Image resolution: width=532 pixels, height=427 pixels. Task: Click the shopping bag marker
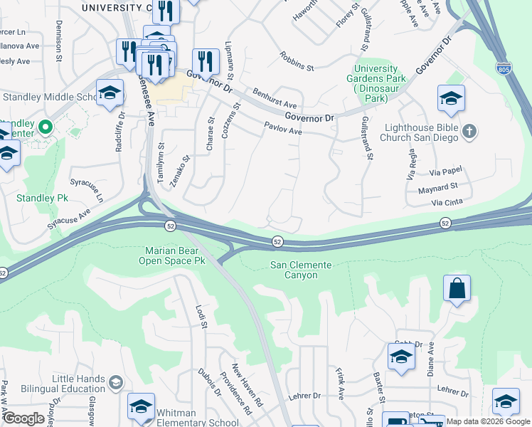[x=457, y=289]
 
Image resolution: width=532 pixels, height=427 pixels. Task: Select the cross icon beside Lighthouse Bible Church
[x=468, y=131]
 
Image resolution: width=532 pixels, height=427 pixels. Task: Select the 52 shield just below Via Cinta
[x=445, y=223]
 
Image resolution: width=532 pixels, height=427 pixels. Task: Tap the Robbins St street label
[x=297, y=61]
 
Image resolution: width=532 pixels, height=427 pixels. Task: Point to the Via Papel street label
[x=446, y=171]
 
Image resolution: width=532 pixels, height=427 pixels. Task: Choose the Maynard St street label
[x=437, y=188]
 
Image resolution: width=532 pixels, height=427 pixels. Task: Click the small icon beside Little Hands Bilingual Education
[x=115, y=384]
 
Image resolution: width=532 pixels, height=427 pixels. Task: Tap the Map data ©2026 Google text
[x=486, y=421]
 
